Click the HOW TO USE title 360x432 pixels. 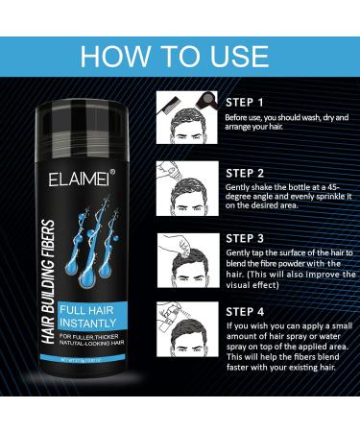[180, 55]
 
